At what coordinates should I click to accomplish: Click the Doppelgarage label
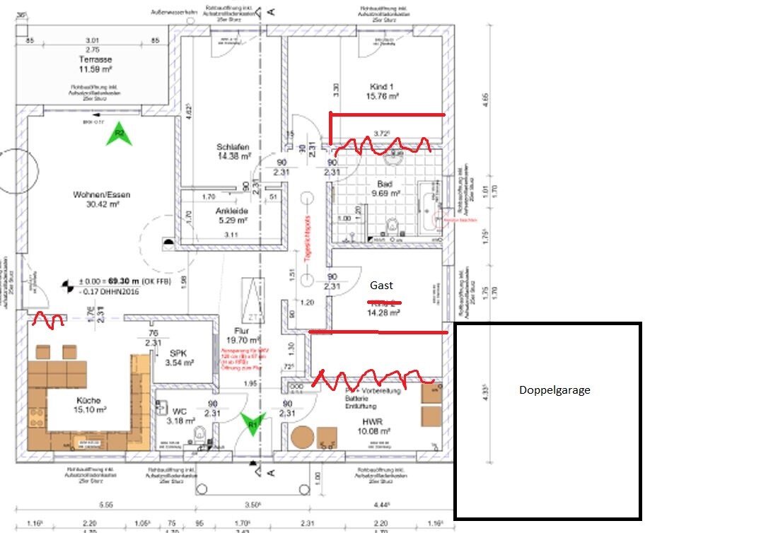coord(555,389)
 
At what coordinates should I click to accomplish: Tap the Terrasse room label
coord(95,60)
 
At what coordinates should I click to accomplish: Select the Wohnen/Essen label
coord(102,195)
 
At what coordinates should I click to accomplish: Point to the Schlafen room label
coord(233,147)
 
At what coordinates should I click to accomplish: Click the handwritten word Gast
coord(381,286)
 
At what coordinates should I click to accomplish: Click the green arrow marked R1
coord(252,423)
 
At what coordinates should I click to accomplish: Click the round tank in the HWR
coord(302,438)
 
